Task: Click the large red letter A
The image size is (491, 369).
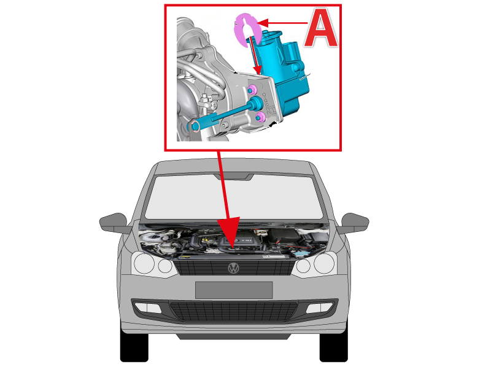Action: (x=321, y=28)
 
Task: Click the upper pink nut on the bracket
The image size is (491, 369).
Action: (x=252, y=89)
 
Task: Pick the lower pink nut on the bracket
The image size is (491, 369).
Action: (x=260, y=117)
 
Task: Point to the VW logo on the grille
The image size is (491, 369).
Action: (x=233, y=268)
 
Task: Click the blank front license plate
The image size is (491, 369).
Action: (x=234, y=290)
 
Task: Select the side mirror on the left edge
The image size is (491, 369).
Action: (x=114, y=223)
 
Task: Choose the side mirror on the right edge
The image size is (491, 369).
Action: (x=355, y=223)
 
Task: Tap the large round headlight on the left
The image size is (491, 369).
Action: (x=144, y=263)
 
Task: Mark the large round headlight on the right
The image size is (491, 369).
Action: (x=325, y=263)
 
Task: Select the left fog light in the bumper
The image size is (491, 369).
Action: (x=148, y=308)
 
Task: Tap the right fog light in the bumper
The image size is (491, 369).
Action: (x=320, y=308)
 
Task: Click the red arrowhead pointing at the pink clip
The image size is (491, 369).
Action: (x=263, y=23)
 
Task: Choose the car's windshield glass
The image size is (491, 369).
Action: (x=234, y=197)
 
